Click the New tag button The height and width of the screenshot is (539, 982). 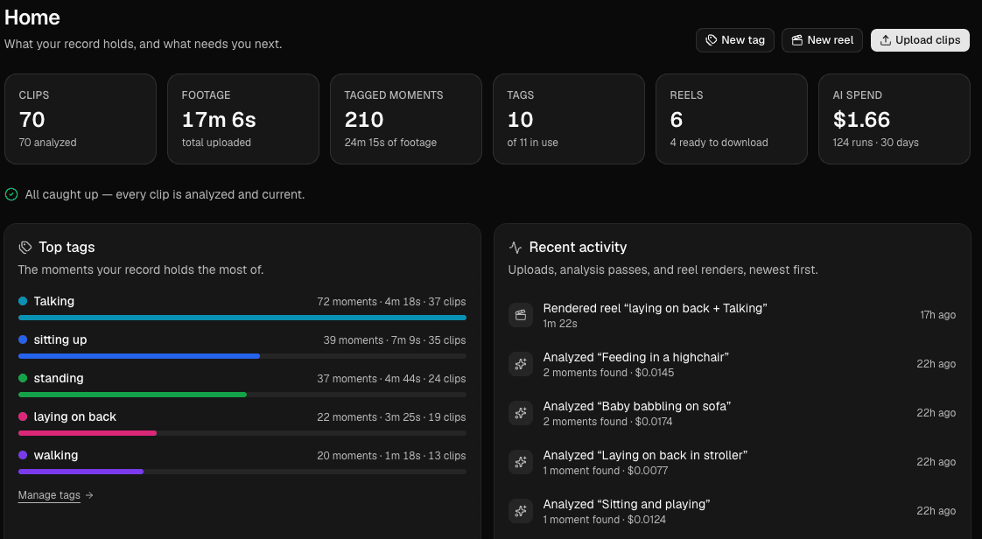734,40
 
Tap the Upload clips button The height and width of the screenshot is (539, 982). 920,40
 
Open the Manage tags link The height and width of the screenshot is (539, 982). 56,495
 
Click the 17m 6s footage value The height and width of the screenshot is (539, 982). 219,120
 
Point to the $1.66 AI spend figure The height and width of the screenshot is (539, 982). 861,120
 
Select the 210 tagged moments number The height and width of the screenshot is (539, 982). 364,120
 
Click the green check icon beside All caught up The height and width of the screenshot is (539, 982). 11,195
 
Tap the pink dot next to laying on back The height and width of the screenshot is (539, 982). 23,416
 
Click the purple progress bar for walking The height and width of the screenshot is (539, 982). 81,472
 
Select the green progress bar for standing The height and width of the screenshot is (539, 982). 133,395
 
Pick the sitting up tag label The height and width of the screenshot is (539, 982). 60,339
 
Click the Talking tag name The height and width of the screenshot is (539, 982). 54,301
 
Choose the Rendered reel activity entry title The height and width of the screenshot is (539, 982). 655,308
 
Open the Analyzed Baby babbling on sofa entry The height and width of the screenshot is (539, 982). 637,406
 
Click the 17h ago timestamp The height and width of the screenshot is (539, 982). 937,315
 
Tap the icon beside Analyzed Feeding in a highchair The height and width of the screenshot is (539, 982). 521,364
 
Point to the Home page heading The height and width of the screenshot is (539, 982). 32,17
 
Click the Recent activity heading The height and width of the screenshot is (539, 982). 578,248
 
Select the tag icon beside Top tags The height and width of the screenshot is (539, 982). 25,248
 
